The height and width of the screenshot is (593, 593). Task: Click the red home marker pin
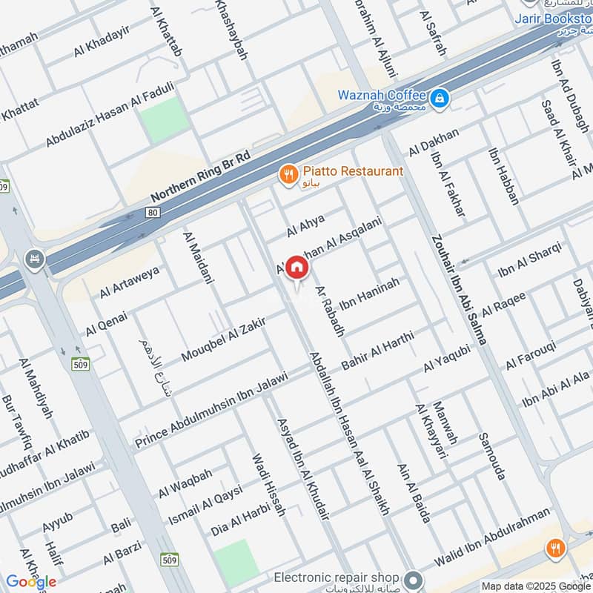296,268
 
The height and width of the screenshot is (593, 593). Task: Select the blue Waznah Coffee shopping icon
439,97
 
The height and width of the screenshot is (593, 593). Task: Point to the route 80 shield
153,213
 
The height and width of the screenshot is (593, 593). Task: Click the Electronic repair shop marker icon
414,577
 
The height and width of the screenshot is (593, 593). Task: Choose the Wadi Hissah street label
268,485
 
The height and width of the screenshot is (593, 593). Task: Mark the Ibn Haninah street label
369,294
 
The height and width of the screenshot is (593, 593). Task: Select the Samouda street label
491,456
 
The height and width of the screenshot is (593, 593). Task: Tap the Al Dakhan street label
434,142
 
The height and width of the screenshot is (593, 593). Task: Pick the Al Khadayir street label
102,40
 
